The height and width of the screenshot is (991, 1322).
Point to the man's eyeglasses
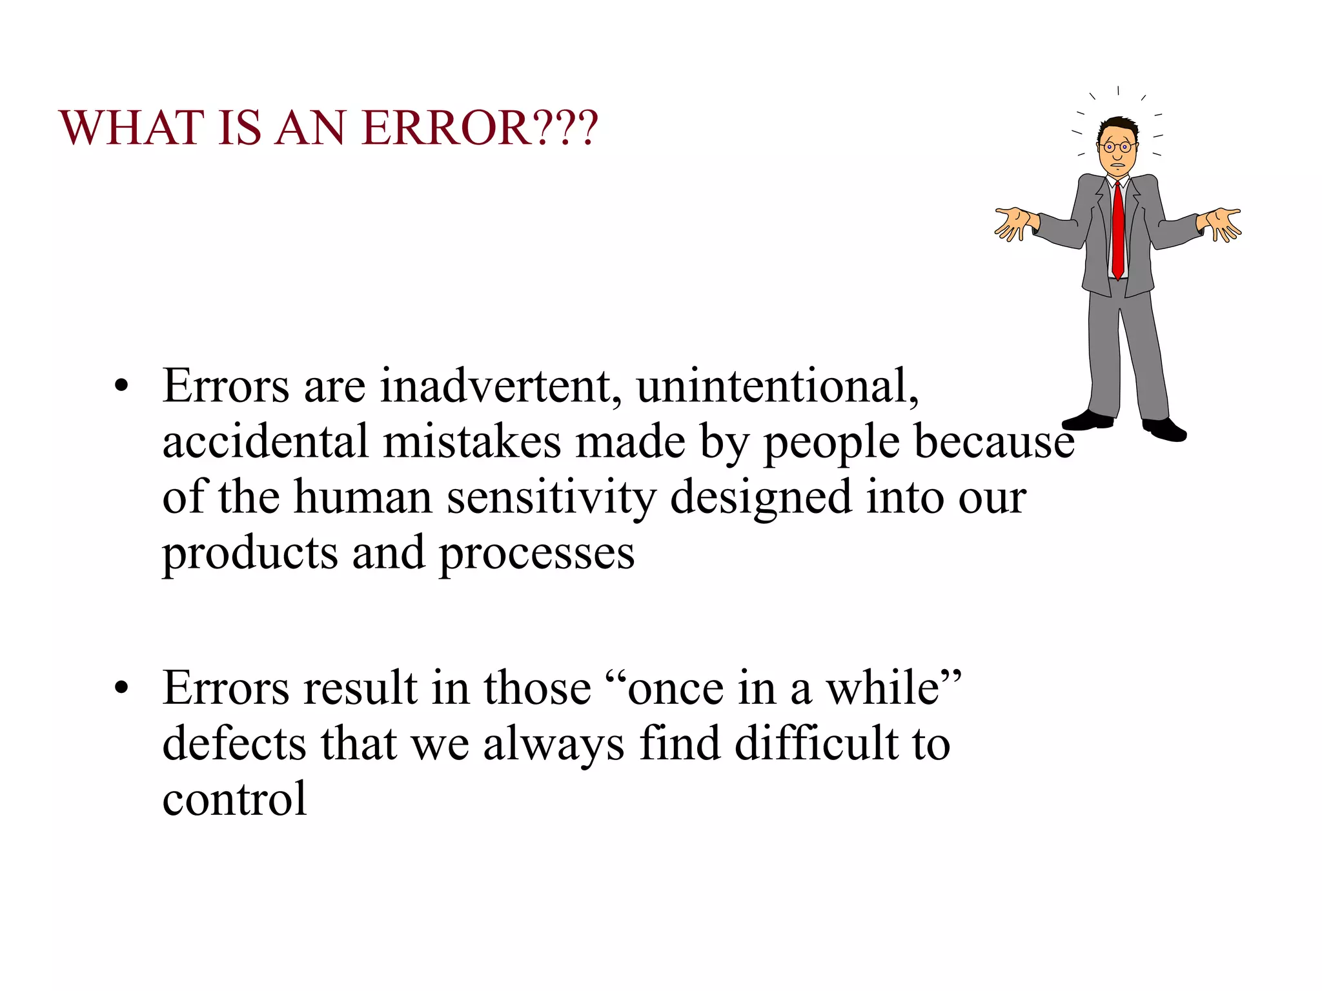(x=1117, y=147)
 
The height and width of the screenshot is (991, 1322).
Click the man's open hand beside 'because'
(x=1219, y=223)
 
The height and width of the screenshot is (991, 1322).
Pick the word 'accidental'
(x=265, y=442)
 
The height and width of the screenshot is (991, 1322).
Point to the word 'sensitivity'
(x=551, y=498)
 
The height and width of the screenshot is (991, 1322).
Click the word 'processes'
(x=536, y=554)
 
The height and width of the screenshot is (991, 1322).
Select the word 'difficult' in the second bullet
(x=816, y=743)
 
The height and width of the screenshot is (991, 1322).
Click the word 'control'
(x=234, y=799)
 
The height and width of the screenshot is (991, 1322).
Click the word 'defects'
(x=234, y=743)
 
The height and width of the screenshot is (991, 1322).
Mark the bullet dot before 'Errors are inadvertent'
(x=121, y=387)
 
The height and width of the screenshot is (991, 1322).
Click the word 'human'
(x=363, y=498)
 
